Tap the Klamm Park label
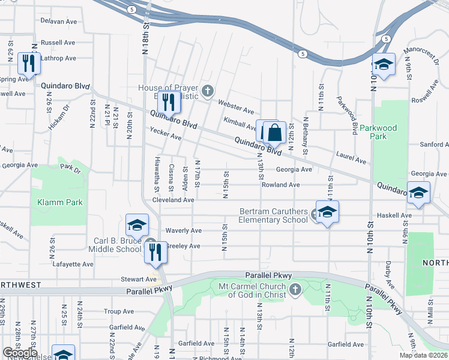[x=60, y=202]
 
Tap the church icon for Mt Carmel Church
[x=295, y=290]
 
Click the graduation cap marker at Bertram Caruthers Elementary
[x=327, y=212]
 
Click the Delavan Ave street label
[x=59, y=21]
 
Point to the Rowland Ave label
[x=280, y=185]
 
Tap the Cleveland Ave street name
[x=173, y=200]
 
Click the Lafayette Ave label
[x=73, y=264]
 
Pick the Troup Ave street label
[x=118, y=311]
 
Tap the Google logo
[x=20, y=353]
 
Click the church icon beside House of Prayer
[x=208, y=91]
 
